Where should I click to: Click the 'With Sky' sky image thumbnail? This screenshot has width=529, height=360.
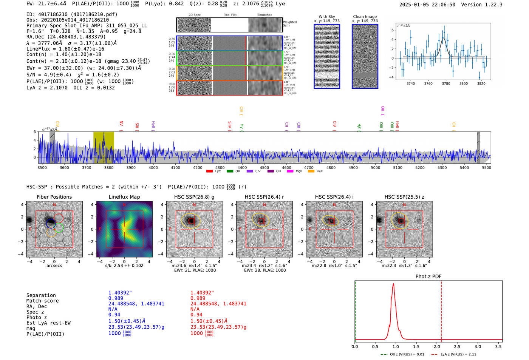[x=327, y=56]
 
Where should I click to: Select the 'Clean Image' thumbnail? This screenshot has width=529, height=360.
[x=365, y=56]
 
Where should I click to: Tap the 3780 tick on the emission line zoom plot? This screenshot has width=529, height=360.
[x=446, y=83]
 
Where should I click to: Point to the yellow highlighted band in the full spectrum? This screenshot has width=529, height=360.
[x=104, y=147]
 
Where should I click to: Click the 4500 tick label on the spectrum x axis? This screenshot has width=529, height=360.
[x=264, y=167]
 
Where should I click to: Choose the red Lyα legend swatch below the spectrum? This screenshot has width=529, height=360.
[x=209, y=172]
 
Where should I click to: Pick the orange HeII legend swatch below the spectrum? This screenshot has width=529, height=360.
[x=311, y=172]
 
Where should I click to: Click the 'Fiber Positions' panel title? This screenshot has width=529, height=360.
[x=54, y=197]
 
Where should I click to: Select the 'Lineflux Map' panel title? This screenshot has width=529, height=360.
[x=124, y=197]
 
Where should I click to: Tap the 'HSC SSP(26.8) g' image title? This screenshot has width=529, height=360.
[x=194, y=197]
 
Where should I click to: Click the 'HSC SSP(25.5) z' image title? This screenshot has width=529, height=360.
[x=404, y=197]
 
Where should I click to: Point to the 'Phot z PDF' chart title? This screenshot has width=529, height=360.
[x=428, y=277]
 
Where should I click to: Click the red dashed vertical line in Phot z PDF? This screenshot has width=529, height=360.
[x=441, y=310]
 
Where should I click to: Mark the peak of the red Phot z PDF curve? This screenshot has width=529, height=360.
[x=393, y=284]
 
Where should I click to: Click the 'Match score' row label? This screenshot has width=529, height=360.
[x=42, y=301]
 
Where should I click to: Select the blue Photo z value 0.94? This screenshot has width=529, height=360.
[x=114, y=315]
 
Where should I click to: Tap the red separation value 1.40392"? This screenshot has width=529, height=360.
[x=202, y=293]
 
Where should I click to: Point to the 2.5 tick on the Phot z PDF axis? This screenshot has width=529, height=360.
[x=457, y=346]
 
